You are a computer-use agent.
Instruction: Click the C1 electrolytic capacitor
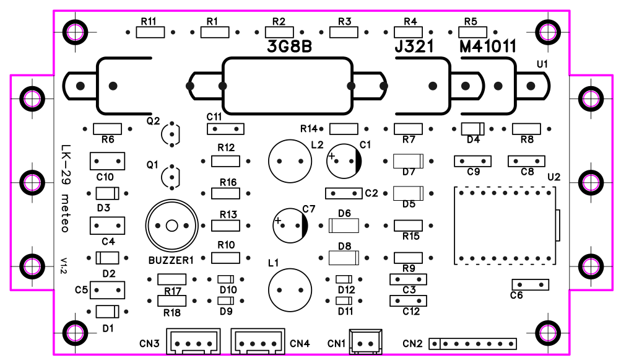click(x=344, y=161)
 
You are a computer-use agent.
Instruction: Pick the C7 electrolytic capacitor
click(x=290, y=226)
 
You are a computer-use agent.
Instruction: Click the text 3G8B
click(x=290, y=46)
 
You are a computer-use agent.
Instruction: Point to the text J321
click(x=414, y=46)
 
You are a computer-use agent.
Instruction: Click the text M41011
click(x=488, y=46)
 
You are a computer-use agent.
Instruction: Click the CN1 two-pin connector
click(x=365, y=342)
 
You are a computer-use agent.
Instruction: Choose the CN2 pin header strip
click(x=472, y=344)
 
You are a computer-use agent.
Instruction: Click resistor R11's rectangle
click(x=150, y=32)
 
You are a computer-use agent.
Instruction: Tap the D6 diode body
click(x=344, y=226)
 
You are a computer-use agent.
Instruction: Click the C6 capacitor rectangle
click(x=530, y=285)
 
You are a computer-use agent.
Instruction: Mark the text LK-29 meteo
click(x=65, y=188)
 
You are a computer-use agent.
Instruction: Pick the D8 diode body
click(x=344, y=258)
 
